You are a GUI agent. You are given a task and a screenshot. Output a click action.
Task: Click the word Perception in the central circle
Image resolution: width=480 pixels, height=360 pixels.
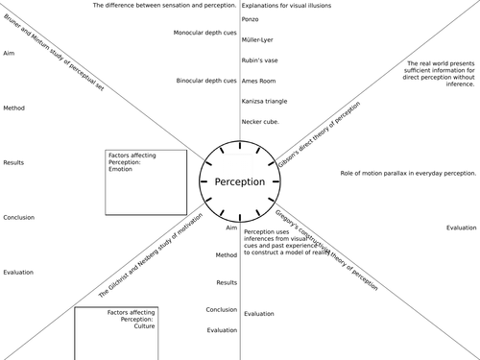point(239,182)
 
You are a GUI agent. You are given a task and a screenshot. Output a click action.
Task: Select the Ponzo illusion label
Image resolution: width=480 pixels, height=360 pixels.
point(251,19)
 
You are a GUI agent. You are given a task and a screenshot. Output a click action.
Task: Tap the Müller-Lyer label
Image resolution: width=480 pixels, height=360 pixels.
point(257,39)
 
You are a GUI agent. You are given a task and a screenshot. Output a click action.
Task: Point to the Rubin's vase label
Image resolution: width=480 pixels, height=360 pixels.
point(258,60)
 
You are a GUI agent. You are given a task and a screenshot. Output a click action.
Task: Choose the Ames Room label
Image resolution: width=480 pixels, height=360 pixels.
point(259,81)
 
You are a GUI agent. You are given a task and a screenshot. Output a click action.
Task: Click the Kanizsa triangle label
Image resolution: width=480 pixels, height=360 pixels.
point(265,101)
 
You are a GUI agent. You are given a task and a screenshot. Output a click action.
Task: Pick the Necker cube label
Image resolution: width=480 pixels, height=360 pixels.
point(260,122)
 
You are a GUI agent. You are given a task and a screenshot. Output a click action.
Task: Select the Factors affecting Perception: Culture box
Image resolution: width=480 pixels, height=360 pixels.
point(116,332)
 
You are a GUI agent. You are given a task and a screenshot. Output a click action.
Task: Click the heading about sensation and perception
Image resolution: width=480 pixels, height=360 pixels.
point(163,6)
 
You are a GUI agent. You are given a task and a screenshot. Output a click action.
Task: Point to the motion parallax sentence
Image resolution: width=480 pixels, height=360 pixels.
point(408,173)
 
